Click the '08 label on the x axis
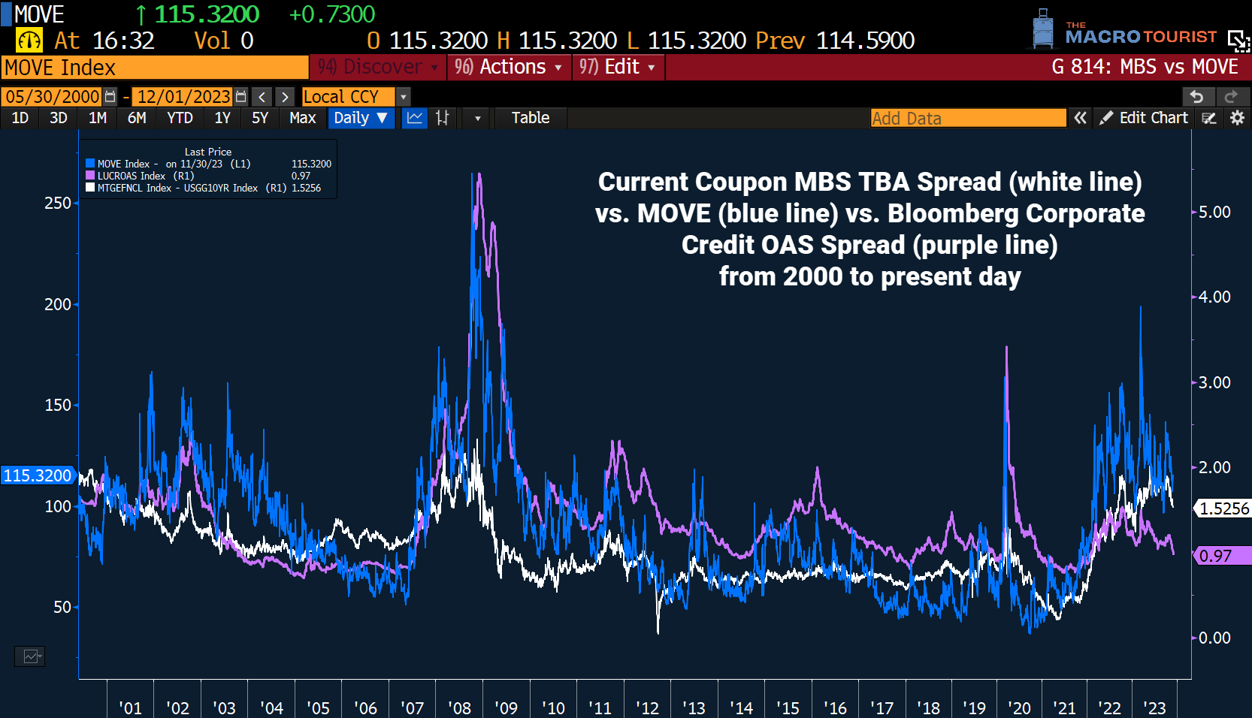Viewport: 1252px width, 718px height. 459,707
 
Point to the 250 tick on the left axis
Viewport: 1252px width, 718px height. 58,204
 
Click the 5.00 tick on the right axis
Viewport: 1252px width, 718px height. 1214,213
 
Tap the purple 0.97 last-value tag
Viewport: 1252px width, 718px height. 1221,556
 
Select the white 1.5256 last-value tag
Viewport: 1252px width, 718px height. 1223,508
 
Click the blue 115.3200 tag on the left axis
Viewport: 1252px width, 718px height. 38,475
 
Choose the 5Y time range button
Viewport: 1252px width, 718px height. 259,118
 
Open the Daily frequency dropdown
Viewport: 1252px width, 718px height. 361,118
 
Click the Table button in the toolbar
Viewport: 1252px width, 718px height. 530,118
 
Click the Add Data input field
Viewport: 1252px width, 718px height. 967,118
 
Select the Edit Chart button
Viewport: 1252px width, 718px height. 1145,118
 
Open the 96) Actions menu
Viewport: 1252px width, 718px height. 509,67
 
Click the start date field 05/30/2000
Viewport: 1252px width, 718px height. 53,97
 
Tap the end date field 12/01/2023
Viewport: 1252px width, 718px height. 183,97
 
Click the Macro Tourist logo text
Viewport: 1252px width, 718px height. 1140,35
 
